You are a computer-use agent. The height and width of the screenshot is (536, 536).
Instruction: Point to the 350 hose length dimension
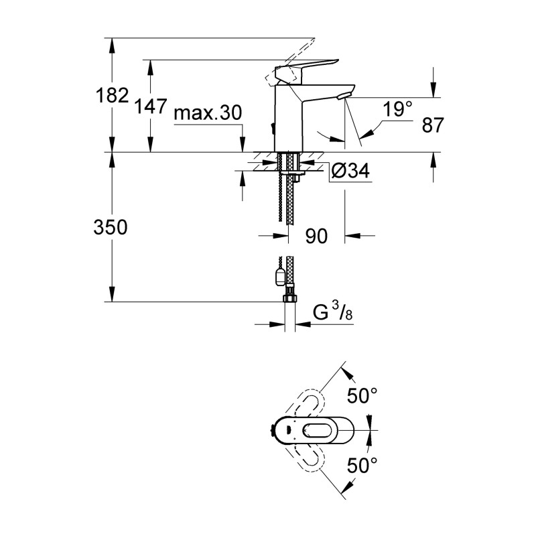pyautogui.click(x=111, y=228)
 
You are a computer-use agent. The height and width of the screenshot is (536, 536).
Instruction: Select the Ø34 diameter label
pyautogui.click(x=350, y=172)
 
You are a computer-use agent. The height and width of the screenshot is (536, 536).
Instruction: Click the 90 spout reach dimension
pyautogui.click(x=316, y=236)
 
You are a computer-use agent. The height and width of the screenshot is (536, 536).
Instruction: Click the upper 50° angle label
pyautogui.click(x=362, y=397)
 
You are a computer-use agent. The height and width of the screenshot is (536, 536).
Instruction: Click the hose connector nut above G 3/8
pyautogui.click(x=290, y=297)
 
